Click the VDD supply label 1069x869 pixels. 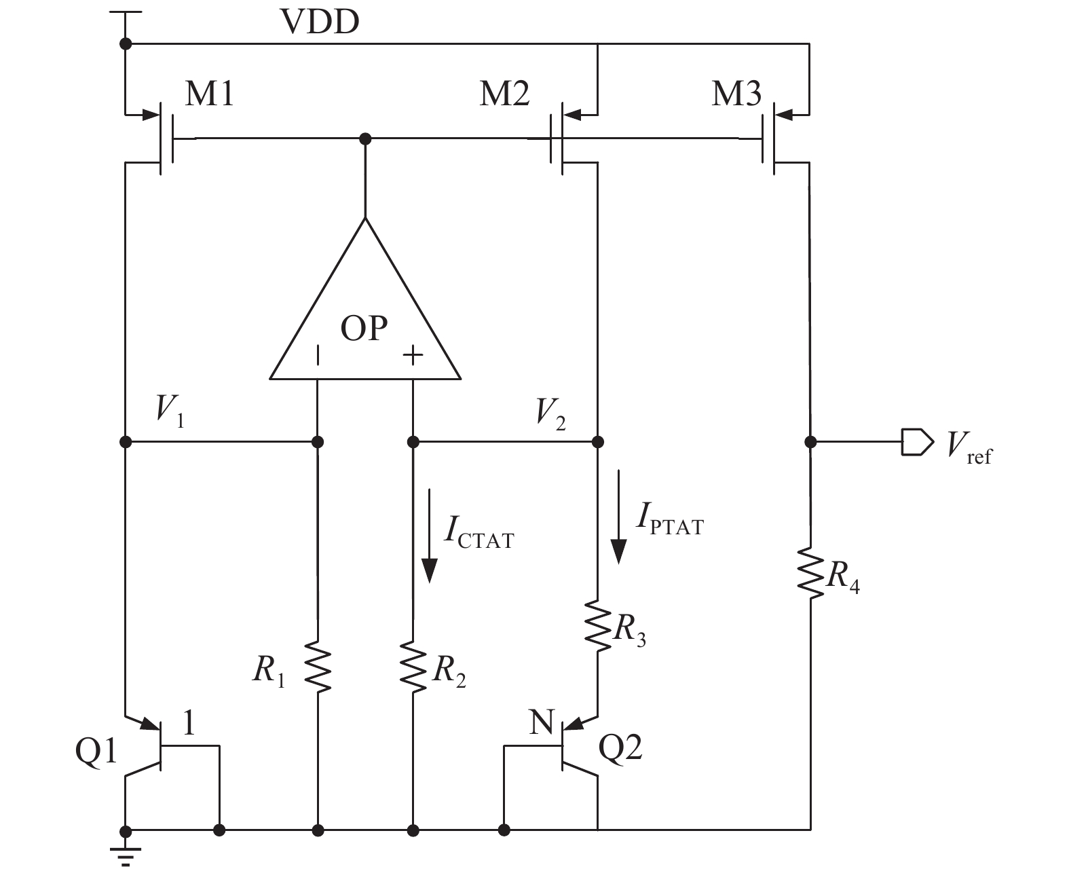[320, 22]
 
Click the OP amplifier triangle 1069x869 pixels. [365, 312]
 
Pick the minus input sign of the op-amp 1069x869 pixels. [317, 354]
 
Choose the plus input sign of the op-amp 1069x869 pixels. [413, 354]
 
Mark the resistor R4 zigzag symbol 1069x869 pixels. [810, 574]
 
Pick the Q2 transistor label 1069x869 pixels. [620, 747]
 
